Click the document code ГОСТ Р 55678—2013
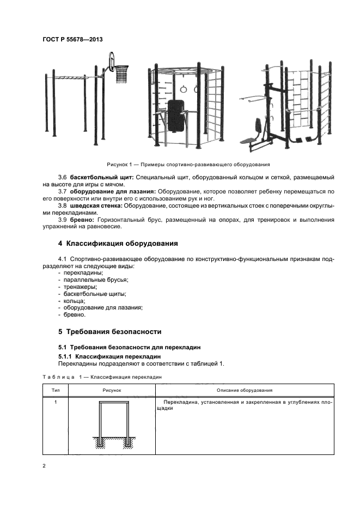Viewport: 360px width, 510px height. pos(72,40)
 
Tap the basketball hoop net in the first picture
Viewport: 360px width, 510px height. pos(121,75)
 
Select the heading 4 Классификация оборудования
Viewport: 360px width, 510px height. pos(118,242)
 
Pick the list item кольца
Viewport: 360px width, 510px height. pos(74,301)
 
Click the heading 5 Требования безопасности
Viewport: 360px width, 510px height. pos(109,332)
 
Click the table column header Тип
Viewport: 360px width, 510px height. pos(56,390)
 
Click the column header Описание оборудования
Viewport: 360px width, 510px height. pos(245,390)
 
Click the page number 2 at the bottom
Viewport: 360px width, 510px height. pos(45,466)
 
